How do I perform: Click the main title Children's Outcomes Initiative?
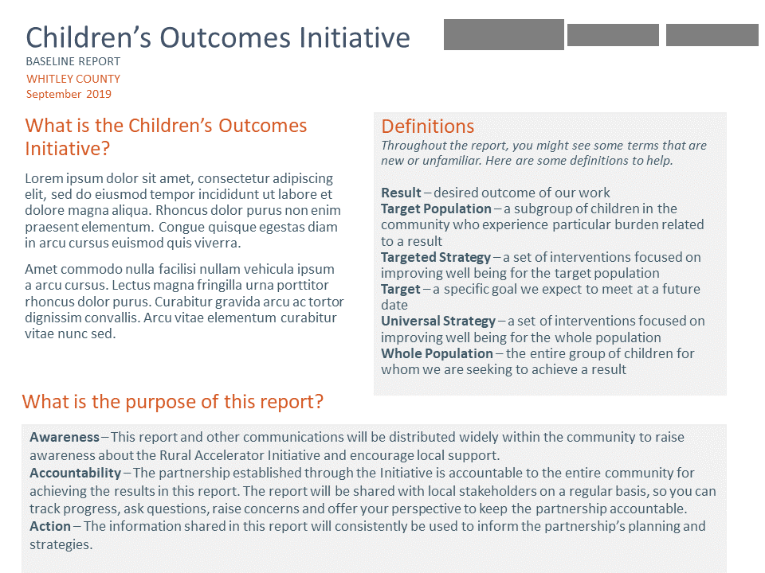218,37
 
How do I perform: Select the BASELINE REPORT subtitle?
73,61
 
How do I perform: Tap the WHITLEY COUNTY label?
73,79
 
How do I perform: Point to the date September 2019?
69,94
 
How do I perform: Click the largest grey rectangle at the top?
504,35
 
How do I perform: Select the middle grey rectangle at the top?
613,35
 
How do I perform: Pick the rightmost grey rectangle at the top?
712,35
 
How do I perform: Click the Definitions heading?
427,127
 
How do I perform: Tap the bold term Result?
401,193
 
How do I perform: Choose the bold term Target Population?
436,209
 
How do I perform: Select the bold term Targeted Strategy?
436,257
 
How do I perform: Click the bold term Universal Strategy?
438,321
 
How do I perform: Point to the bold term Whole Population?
437,353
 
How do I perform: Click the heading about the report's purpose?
173,401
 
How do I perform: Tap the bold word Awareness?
65,437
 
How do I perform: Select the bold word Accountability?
75,473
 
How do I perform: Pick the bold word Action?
50,526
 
